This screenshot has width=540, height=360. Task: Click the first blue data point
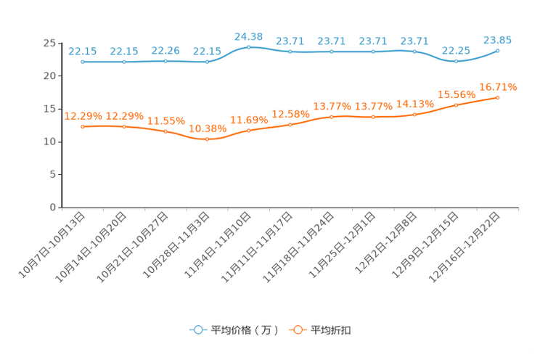(83, 62)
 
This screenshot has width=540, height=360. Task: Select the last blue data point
(498, 50)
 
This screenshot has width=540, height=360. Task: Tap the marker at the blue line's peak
(249, 47)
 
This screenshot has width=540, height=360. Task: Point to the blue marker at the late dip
(456, 62)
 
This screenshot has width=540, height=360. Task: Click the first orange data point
(83, 127)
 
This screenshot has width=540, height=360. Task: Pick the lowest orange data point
(207, 139)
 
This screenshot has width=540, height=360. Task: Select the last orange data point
(498, 97)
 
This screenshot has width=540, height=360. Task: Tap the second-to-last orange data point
(456, 106)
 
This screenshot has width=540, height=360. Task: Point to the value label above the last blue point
(498, 40)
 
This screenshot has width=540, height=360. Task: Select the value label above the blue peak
(249, 36)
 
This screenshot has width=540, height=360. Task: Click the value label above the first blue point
(83, 51)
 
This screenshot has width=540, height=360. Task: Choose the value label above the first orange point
(83, 115)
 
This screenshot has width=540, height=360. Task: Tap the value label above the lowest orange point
(207, 128)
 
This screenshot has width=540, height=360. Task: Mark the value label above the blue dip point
(456, 50)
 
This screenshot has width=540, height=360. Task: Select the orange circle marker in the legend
(297, 330)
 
